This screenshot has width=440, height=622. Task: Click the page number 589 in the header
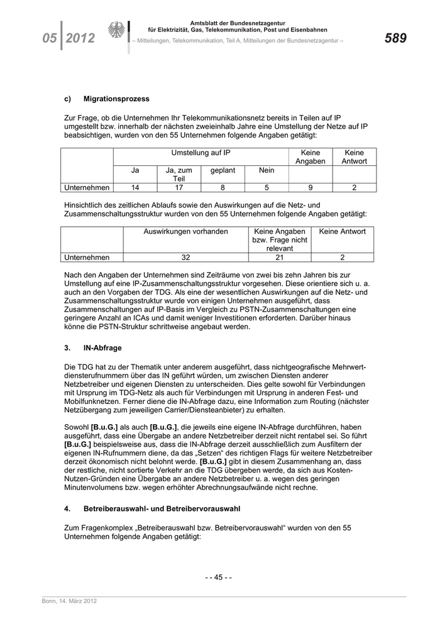tap(395, 38)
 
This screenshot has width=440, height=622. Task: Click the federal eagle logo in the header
tap(117, 31)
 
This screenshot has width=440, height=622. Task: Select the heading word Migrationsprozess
tap(116, 99)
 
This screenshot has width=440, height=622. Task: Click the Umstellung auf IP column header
tap(201, 153)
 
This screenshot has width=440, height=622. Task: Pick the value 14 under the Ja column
tap(135, 187)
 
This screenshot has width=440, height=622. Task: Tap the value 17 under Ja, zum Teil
tap(179, 187)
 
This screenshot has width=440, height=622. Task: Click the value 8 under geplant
tap(223, 187)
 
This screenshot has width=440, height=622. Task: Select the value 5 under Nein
tap(267, 187)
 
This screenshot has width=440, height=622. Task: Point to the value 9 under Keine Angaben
tap(311, 187)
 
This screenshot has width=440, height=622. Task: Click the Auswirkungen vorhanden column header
tap(185, 232)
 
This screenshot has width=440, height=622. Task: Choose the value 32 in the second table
tap(185, 257)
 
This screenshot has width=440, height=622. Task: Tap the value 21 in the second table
tap(280, 257)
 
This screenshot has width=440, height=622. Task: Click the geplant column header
tap(223, 170)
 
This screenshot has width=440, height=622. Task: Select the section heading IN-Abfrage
tap(102, 347)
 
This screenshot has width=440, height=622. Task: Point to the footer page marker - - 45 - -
tap(219, 577)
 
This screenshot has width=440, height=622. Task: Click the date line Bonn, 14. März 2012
tap(70, 602)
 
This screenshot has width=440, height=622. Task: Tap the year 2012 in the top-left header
tap(80, 39)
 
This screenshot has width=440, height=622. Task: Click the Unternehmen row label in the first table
tap(87, 187)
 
